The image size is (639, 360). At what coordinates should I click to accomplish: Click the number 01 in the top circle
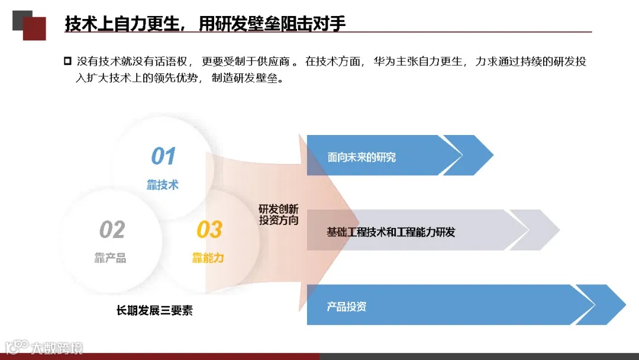click(163, 156)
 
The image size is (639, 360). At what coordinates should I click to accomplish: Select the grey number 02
click(112, 230)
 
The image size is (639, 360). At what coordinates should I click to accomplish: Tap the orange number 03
click(209, 230)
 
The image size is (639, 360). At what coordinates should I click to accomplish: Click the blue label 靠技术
click(163, 185)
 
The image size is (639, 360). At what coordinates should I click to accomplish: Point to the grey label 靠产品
click(111, 258)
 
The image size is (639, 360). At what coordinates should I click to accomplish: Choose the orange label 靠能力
click(208, 258)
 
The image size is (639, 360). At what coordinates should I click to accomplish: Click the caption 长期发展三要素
click(154, 310)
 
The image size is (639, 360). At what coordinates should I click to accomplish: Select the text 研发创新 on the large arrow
click(279, 209)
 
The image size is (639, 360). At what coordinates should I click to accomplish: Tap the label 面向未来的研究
click(362, 157)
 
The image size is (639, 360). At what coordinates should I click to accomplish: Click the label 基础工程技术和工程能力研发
click(391, 232)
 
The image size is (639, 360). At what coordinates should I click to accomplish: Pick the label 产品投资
click(347, 307)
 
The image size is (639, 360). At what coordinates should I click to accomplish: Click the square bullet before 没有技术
click(67, 61)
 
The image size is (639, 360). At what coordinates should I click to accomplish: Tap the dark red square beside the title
click(34, 28)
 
